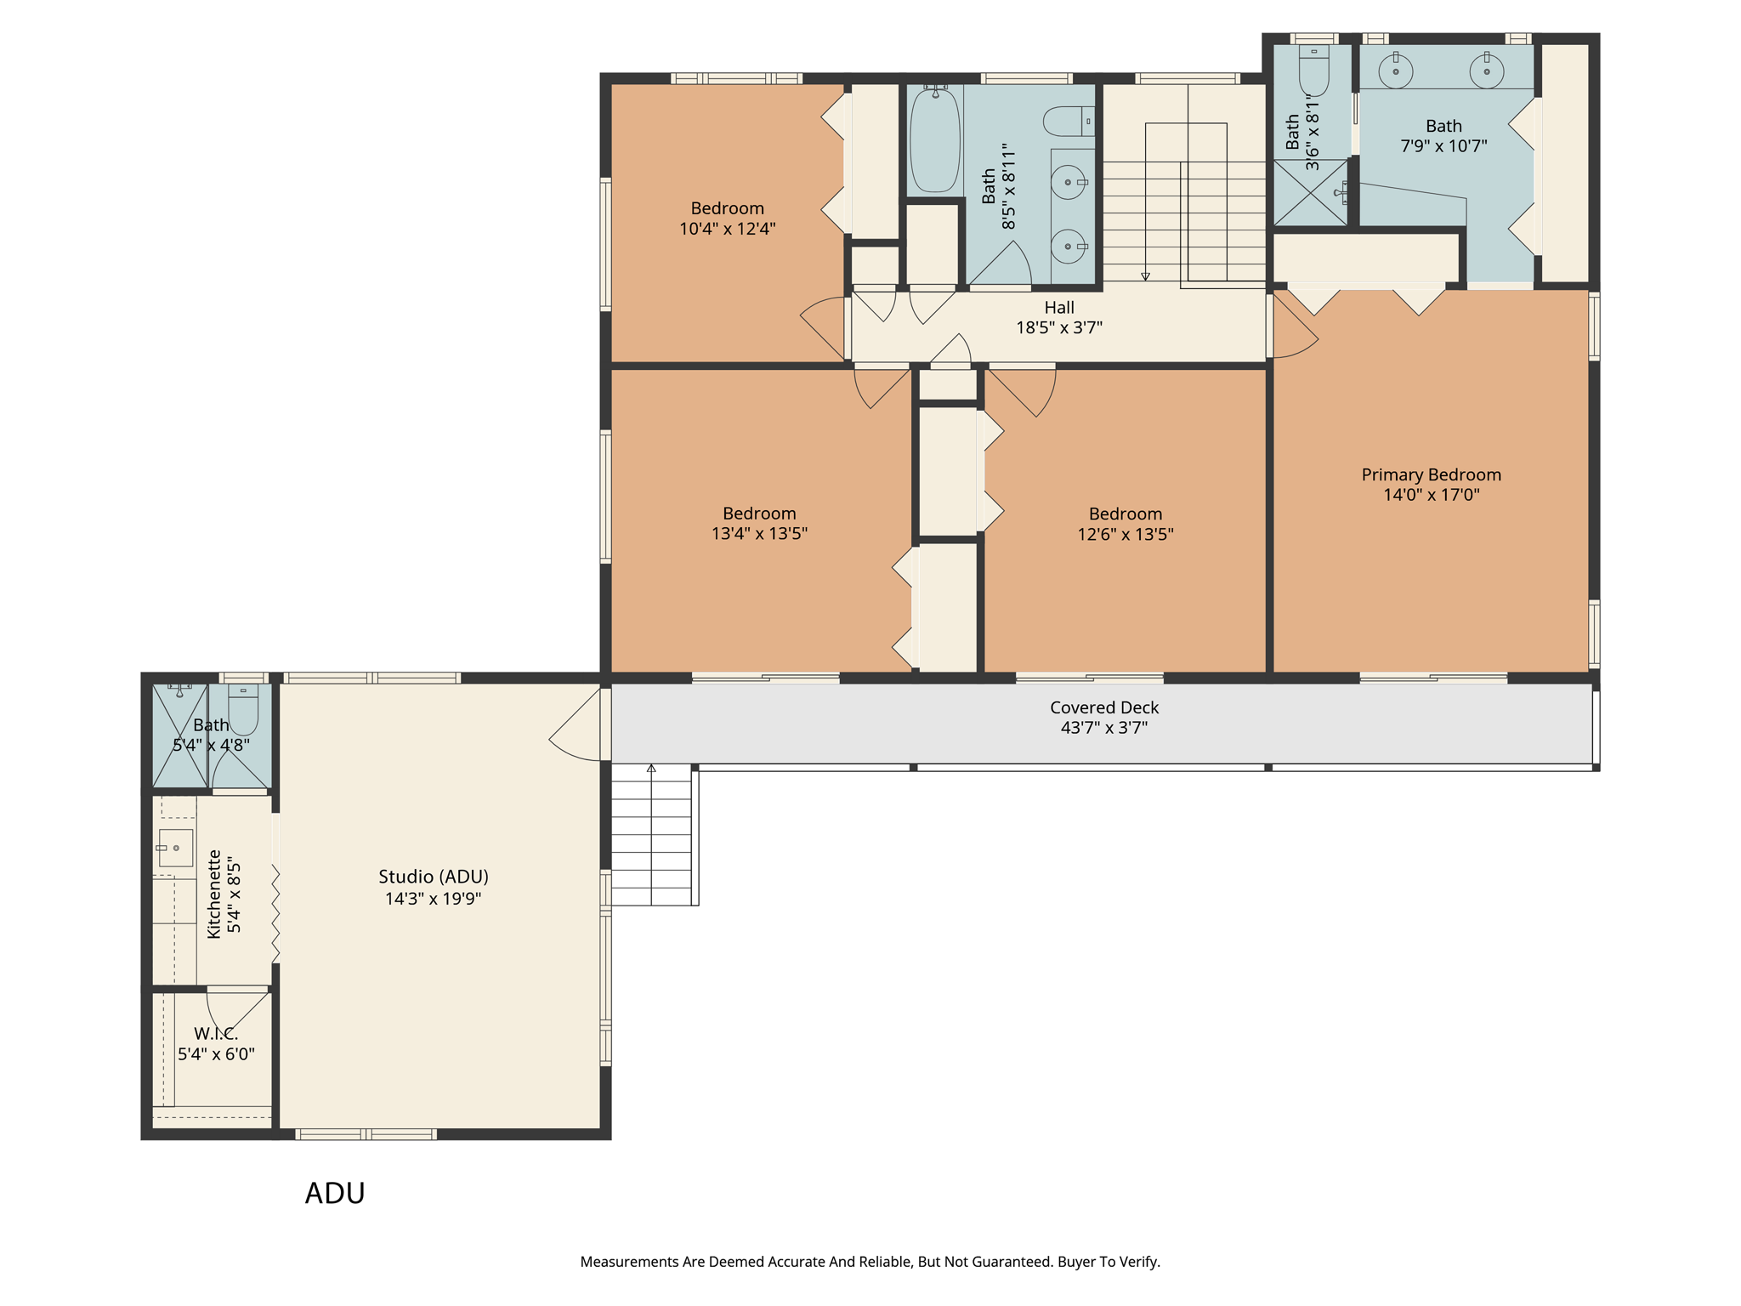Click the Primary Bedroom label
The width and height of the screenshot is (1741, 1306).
[1431, 474]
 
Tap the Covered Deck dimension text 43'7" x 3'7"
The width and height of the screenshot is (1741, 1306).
[1103, 728]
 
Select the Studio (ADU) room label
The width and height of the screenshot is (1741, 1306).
[434, 877]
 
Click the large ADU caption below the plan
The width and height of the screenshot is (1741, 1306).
[335, 1194]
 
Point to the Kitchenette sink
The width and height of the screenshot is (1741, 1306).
[175, 848]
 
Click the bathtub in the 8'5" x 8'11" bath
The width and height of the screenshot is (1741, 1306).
[934, 139]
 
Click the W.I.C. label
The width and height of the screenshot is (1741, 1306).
[216, 1034]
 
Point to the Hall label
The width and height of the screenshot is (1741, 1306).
[1059, 308]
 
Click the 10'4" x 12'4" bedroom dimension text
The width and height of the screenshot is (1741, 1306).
[727, 229]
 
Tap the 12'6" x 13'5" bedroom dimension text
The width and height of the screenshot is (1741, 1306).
[1126, 534]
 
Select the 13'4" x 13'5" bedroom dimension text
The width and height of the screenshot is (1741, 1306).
[759, 534]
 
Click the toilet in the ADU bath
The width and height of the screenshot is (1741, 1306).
[243, 711]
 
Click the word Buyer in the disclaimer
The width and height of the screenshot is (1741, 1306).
[1080, 1262]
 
